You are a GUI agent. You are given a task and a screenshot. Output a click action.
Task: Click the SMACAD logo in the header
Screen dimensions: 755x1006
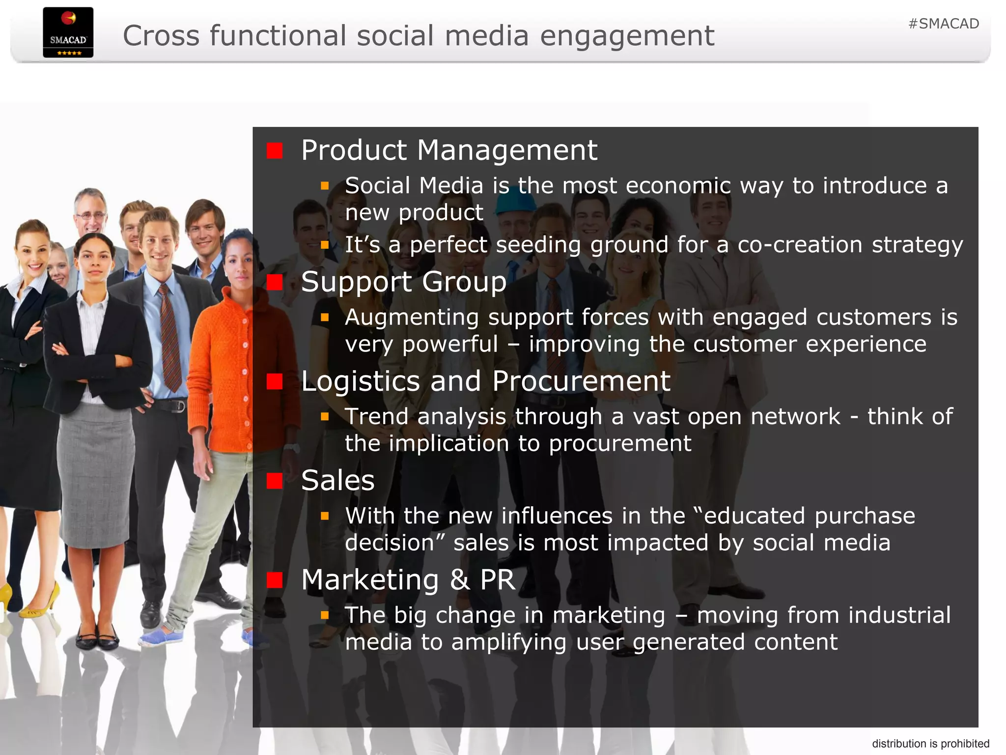point(68,32)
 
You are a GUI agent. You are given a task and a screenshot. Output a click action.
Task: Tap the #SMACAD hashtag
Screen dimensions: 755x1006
point(944,24)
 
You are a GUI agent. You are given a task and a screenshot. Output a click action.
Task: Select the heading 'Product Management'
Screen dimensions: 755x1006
point(449,150)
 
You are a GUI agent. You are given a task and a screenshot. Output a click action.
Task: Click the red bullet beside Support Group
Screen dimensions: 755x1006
point(275,282)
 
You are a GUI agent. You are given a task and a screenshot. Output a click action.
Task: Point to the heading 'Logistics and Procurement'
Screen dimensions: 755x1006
point(485,381)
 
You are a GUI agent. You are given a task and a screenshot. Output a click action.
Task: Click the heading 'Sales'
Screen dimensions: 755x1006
point(338,480)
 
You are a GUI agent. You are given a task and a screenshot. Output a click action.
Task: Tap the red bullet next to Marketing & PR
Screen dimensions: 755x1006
point(275,580)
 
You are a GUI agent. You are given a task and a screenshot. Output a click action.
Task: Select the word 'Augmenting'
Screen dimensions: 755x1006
point(412,318)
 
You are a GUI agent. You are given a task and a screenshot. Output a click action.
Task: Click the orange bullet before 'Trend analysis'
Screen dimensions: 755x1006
point(325,417)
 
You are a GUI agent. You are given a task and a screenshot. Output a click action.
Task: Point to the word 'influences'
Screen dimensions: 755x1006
point(557,516)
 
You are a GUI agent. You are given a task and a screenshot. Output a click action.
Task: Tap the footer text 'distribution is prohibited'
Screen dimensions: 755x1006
point(930,744)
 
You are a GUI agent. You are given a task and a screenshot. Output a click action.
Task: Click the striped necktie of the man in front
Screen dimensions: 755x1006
point(169,339)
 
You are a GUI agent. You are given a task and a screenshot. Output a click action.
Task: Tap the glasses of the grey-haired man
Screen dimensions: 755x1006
point(90,215)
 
